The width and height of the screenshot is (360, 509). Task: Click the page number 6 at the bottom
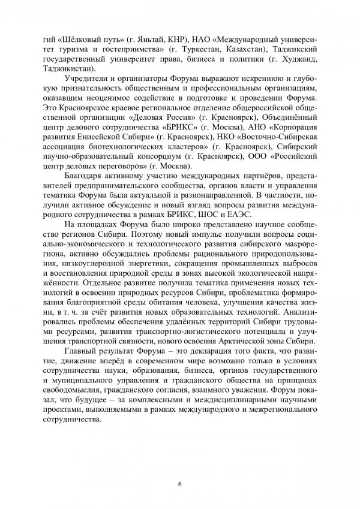pos(179,484)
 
